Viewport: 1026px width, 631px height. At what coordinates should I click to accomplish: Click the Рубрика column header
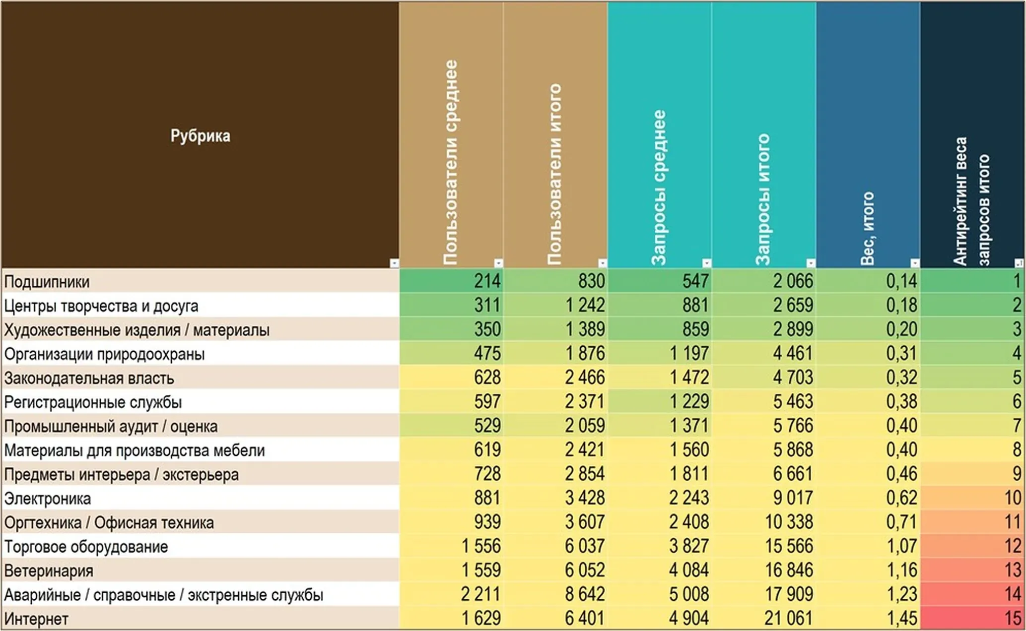[x=200, y=136]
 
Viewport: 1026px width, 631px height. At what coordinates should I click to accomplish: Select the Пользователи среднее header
[x=450, y=162]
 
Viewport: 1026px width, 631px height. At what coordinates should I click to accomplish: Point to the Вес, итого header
[x=867, y=228]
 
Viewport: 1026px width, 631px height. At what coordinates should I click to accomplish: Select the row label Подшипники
[x=47, y=282]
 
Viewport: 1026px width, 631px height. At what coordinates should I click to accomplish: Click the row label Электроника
[x=48, y=499]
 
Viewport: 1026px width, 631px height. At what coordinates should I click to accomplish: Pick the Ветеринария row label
[x=49, y=571]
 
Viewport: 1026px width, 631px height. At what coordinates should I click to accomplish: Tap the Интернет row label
[x=36, y=619]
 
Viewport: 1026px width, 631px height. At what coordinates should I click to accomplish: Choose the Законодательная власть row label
[x=89, y=378]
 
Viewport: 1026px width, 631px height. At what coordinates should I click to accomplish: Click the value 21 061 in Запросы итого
[x=788, y=619]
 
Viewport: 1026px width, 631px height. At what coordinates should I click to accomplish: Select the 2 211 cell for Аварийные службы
[x=480, y=594]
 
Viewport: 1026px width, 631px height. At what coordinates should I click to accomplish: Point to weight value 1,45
[x=901, y=619]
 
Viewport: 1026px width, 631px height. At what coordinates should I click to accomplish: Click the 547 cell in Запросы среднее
[x=695, y=281]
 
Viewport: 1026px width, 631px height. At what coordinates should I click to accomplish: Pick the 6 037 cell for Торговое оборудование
[x=585, y=546]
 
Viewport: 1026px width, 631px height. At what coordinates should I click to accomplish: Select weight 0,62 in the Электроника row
[x=901, y=498]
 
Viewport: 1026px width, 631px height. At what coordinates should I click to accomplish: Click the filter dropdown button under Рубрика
[x=394, y=263]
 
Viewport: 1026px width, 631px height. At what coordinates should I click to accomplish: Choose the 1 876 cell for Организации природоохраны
[x=585, y=353]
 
